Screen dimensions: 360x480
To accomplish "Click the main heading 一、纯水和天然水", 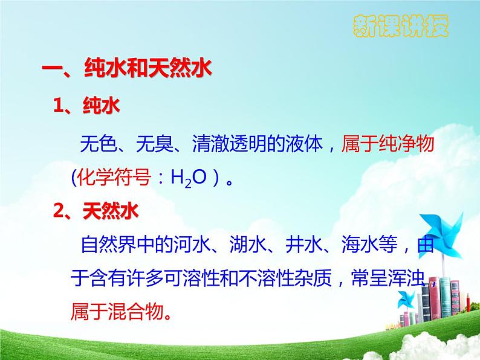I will tap(126, 69).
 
